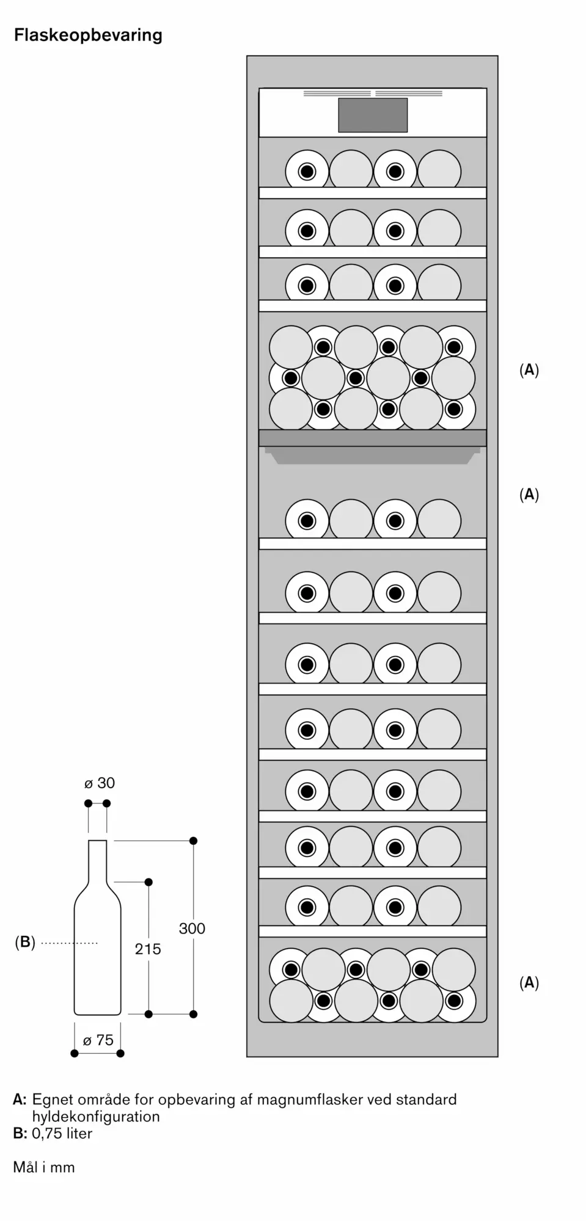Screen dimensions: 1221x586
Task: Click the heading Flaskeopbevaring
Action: [88, 35]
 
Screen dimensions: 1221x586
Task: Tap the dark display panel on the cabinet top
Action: [373, 115]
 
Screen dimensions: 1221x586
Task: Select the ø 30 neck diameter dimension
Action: [100, 783]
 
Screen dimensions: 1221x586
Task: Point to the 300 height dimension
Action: [192, 929]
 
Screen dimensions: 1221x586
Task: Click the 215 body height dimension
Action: [148, 949]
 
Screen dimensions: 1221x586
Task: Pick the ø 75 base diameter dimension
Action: [98, 1040]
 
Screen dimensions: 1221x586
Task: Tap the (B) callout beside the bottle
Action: [25, 942]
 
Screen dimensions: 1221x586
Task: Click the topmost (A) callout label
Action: [529, 370]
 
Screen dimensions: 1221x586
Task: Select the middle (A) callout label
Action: [529, 495]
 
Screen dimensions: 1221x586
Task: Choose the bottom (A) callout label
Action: [529, 982]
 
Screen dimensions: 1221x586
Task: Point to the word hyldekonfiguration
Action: [96, 1117]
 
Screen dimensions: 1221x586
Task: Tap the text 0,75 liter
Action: [62, 1134]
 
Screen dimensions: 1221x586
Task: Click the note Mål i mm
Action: [44, 1167]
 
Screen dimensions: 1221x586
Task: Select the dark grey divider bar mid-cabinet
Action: [373, 438]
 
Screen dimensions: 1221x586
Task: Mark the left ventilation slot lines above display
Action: [337, 94]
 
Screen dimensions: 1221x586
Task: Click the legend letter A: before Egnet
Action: [20, 1100]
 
